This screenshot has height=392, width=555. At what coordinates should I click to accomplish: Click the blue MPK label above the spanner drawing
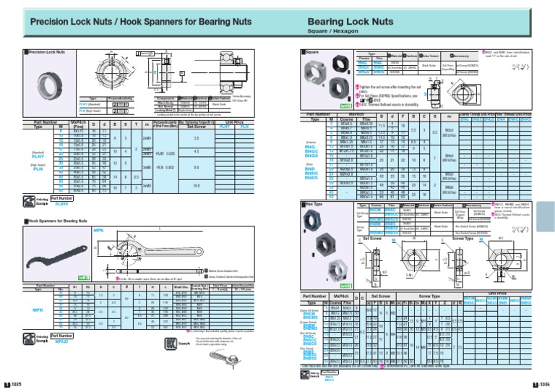pos(100,229)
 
